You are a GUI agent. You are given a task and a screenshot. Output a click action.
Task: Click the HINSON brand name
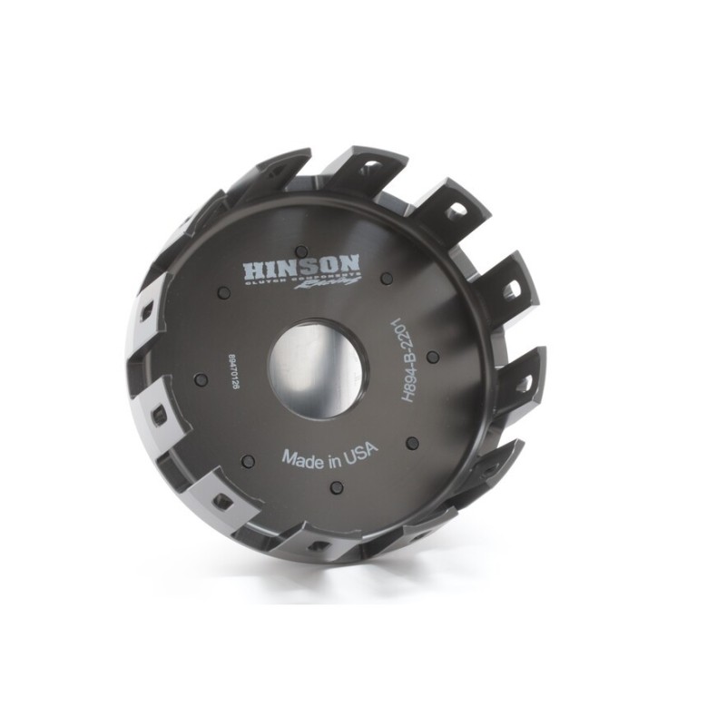tap(301, 268)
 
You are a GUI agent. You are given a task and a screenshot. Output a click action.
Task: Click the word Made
tap(300, 457)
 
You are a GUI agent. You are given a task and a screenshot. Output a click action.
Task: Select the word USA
tap(359, 449)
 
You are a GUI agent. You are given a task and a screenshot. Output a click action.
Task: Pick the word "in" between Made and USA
tap(330, 454)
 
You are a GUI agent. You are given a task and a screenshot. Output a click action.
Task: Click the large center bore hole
tap(317, 368)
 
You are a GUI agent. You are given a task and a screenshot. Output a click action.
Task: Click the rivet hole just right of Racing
tap(387, 278)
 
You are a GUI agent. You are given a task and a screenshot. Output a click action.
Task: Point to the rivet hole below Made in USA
tap(337, 487)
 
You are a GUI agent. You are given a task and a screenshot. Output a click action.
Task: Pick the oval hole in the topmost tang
tap(370, 167)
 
